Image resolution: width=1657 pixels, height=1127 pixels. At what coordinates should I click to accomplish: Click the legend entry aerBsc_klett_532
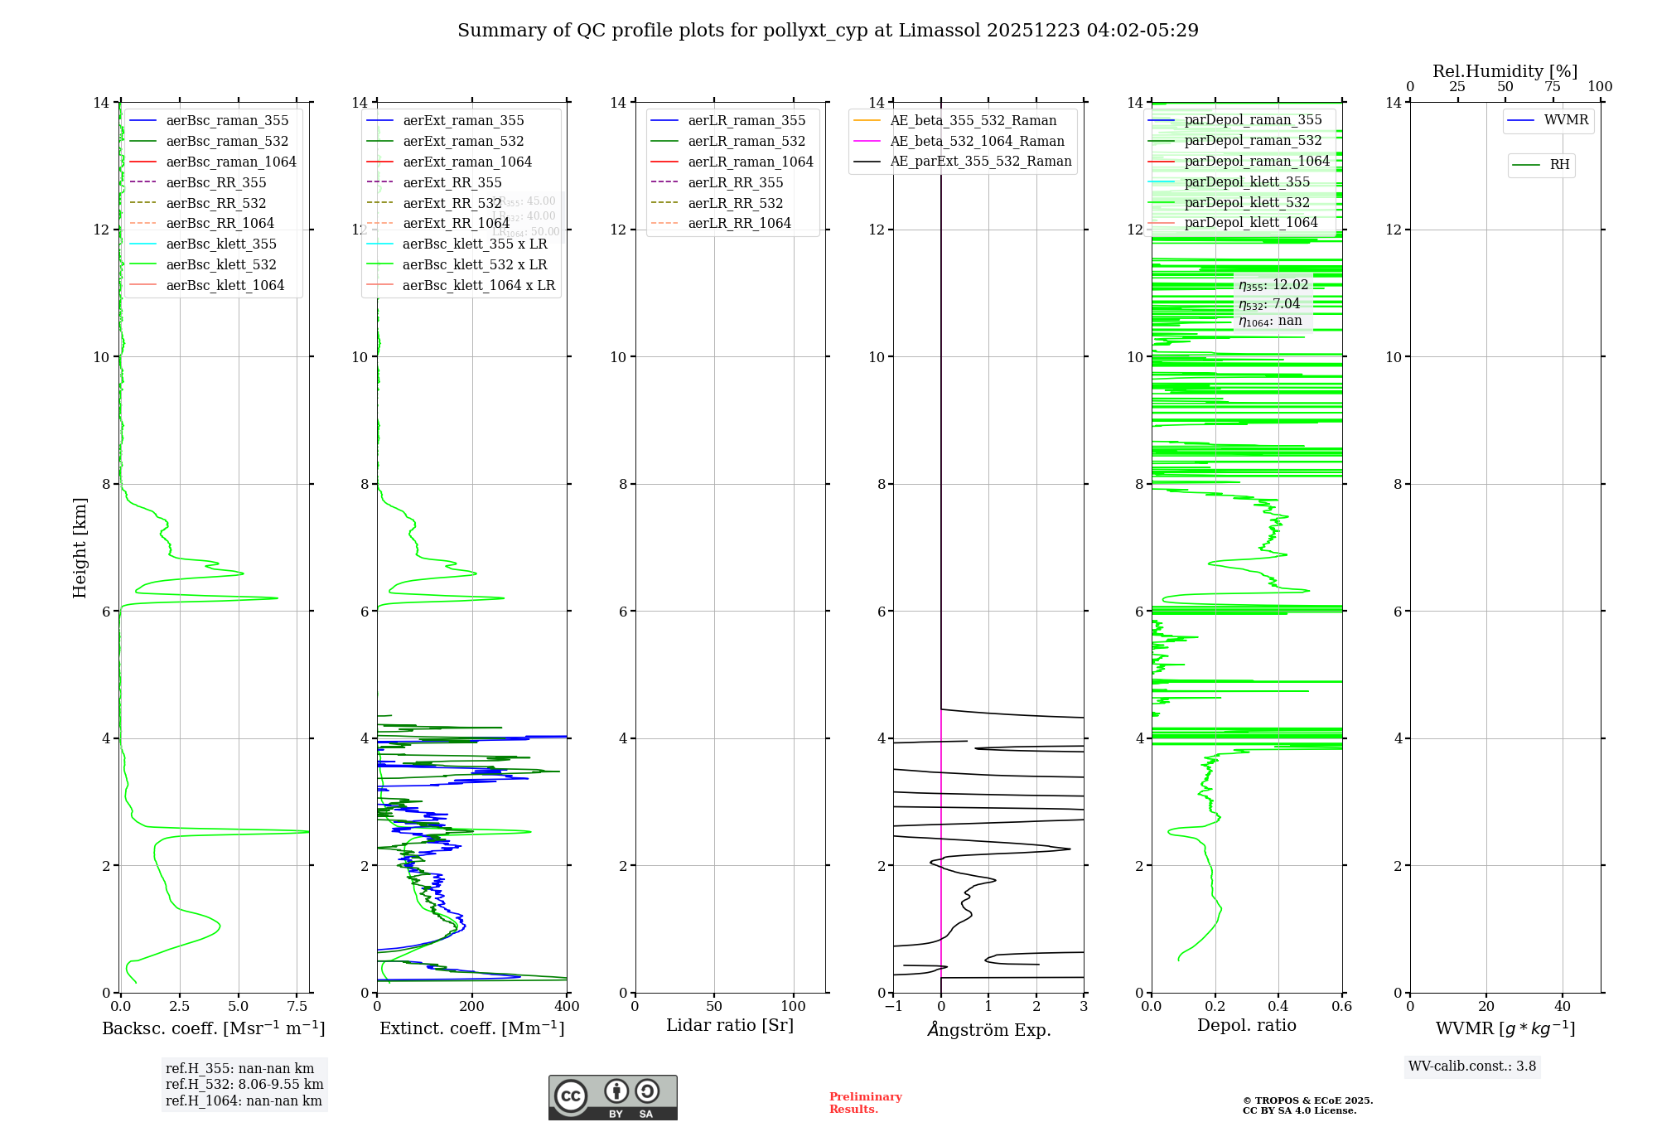tap(221, 264)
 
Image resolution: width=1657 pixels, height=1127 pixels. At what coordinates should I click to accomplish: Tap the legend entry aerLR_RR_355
tap(735, 182)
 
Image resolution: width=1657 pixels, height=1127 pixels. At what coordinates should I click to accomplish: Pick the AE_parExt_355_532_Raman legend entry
tap(980, 162)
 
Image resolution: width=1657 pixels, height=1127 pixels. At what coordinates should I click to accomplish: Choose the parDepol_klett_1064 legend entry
tap(1250, 222)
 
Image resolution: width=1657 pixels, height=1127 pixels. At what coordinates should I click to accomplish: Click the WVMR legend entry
tap(1566, 120)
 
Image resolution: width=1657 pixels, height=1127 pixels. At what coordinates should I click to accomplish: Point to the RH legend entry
tap(1559, 165)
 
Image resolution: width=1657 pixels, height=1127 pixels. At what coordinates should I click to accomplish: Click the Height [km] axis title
tap(80, 547)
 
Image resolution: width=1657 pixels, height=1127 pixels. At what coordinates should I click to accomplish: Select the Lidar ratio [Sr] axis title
tap(730, 1025)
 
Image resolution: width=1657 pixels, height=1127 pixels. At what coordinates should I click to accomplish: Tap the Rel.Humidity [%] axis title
tap(1505, 71)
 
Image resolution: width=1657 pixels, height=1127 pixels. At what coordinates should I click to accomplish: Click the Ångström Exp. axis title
tap(989, 1029)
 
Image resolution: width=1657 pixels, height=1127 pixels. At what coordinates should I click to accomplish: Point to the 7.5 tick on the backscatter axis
tap(297, 1006)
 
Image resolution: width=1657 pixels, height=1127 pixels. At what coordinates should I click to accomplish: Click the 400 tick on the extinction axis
tap(567, 1006)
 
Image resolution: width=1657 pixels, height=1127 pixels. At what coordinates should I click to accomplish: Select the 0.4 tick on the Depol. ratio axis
tap(1278, 1006)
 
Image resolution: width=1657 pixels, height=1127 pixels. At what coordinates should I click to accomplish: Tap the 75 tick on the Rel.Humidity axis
tap(1553, 86)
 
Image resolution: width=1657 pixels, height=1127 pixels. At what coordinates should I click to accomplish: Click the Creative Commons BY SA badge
tap(612, 1097)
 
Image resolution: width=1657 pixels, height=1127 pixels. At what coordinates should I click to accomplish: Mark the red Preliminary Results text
tap(865, 1102)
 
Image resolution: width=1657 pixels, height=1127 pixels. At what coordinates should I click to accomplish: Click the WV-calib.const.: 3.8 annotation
tap(1472, 1066)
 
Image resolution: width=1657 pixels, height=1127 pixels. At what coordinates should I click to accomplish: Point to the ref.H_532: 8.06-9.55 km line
tap(244, 1084)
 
